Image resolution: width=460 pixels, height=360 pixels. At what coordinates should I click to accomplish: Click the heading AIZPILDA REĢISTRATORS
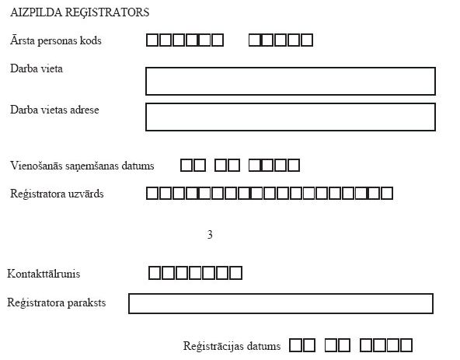tap(80, 12)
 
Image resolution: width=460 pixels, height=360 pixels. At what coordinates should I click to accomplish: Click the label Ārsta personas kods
tap(56, 40)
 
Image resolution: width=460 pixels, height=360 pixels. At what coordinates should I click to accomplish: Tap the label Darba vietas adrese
tap(54, 110)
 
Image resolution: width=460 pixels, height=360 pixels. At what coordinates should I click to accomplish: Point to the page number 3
tap(210, 234)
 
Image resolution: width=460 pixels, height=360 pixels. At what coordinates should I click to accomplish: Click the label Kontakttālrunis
tap(44, 274)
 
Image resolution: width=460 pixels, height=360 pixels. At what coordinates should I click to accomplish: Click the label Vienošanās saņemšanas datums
tap(82, 166)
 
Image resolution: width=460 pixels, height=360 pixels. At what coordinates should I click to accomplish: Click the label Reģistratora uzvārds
tap(57, 194)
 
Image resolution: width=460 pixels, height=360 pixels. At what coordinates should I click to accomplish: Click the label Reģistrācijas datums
tap(232, 346)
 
